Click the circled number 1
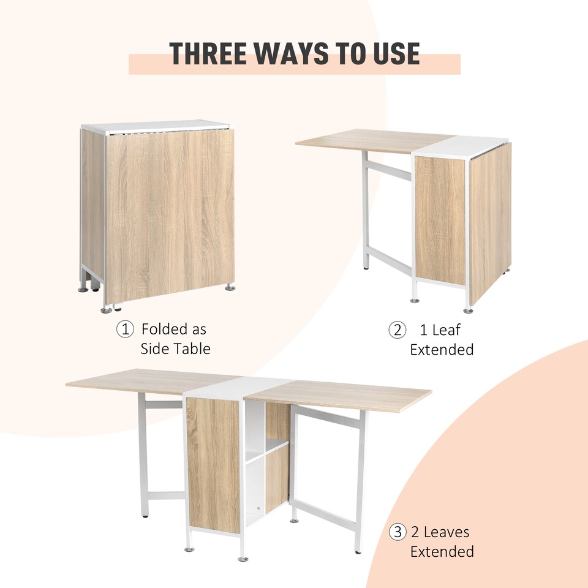(x=125, y=330)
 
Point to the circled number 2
(x=398, y=330)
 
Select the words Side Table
(x=175, y=349)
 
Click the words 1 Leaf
(x=440, y=330)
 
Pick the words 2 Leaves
(x=441, y=532)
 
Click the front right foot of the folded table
(x=230, y=286)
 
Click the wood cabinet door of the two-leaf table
(x=213, y=462)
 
